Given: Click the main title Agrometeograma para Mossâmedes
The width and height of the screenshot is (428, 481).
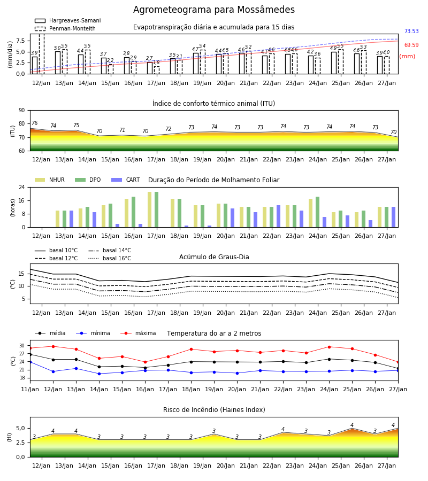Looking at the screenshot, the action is click(213, 10).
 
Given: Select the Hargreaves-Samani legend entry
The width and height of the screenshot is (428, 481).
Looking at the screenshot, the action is click(68, 20).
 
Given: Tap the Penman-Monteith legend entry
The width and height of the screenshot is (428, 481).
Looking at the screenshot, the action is click(65, 28).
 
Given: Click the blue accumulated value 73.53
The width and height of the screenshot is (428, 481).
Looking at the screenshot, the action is click(411, 31).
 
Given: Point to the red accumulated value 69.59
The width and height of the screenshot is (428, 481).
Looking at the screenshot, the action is click(411, 45).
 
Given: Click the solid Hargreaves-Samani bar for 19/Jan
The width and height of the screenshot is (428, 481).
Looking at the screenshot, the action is click(196, 64).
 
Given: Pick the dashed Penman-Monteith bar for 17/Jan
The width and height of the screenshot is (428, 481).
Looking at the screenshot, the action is click(157, 70).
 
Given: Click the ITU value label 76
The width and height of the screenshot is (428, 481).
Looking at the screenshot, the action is click(35, 123).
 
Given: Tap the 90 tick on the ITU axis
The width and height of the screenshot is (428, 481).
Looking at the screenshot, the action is click(22, 111).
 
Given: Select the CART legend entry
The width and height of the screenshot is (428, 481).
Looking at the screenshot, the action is click(126, 180).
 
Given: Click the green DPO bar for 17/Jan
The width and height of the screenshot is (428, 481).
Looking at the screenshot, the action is click(157, 210).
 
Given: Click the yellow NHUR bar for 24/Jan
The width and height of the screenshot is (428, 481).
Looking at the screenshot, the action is click(311, 213).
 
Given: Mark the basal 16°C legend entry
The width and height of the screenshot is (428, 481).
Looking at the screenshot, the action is click(110, 258).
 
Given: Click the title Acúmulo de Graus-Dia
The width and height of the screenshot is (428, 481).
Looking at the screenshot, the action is click(214, 257).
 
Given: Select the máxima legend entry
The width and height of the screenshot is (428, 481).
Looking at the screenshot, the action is click(138, 333).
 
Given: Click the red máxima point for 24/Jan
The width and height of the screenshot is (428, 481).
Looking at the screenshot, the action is click(330, 347).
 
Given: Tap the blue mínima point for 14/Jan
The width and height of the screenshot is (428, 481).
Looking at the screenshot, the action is click(99, 374).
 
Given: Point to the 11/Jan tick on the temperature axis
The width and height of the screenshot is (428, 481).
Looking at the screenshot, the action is click(30, 389).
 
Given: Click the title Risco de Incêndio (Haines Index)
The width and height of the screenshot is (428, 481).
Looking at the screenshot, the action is click(214, 410).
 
